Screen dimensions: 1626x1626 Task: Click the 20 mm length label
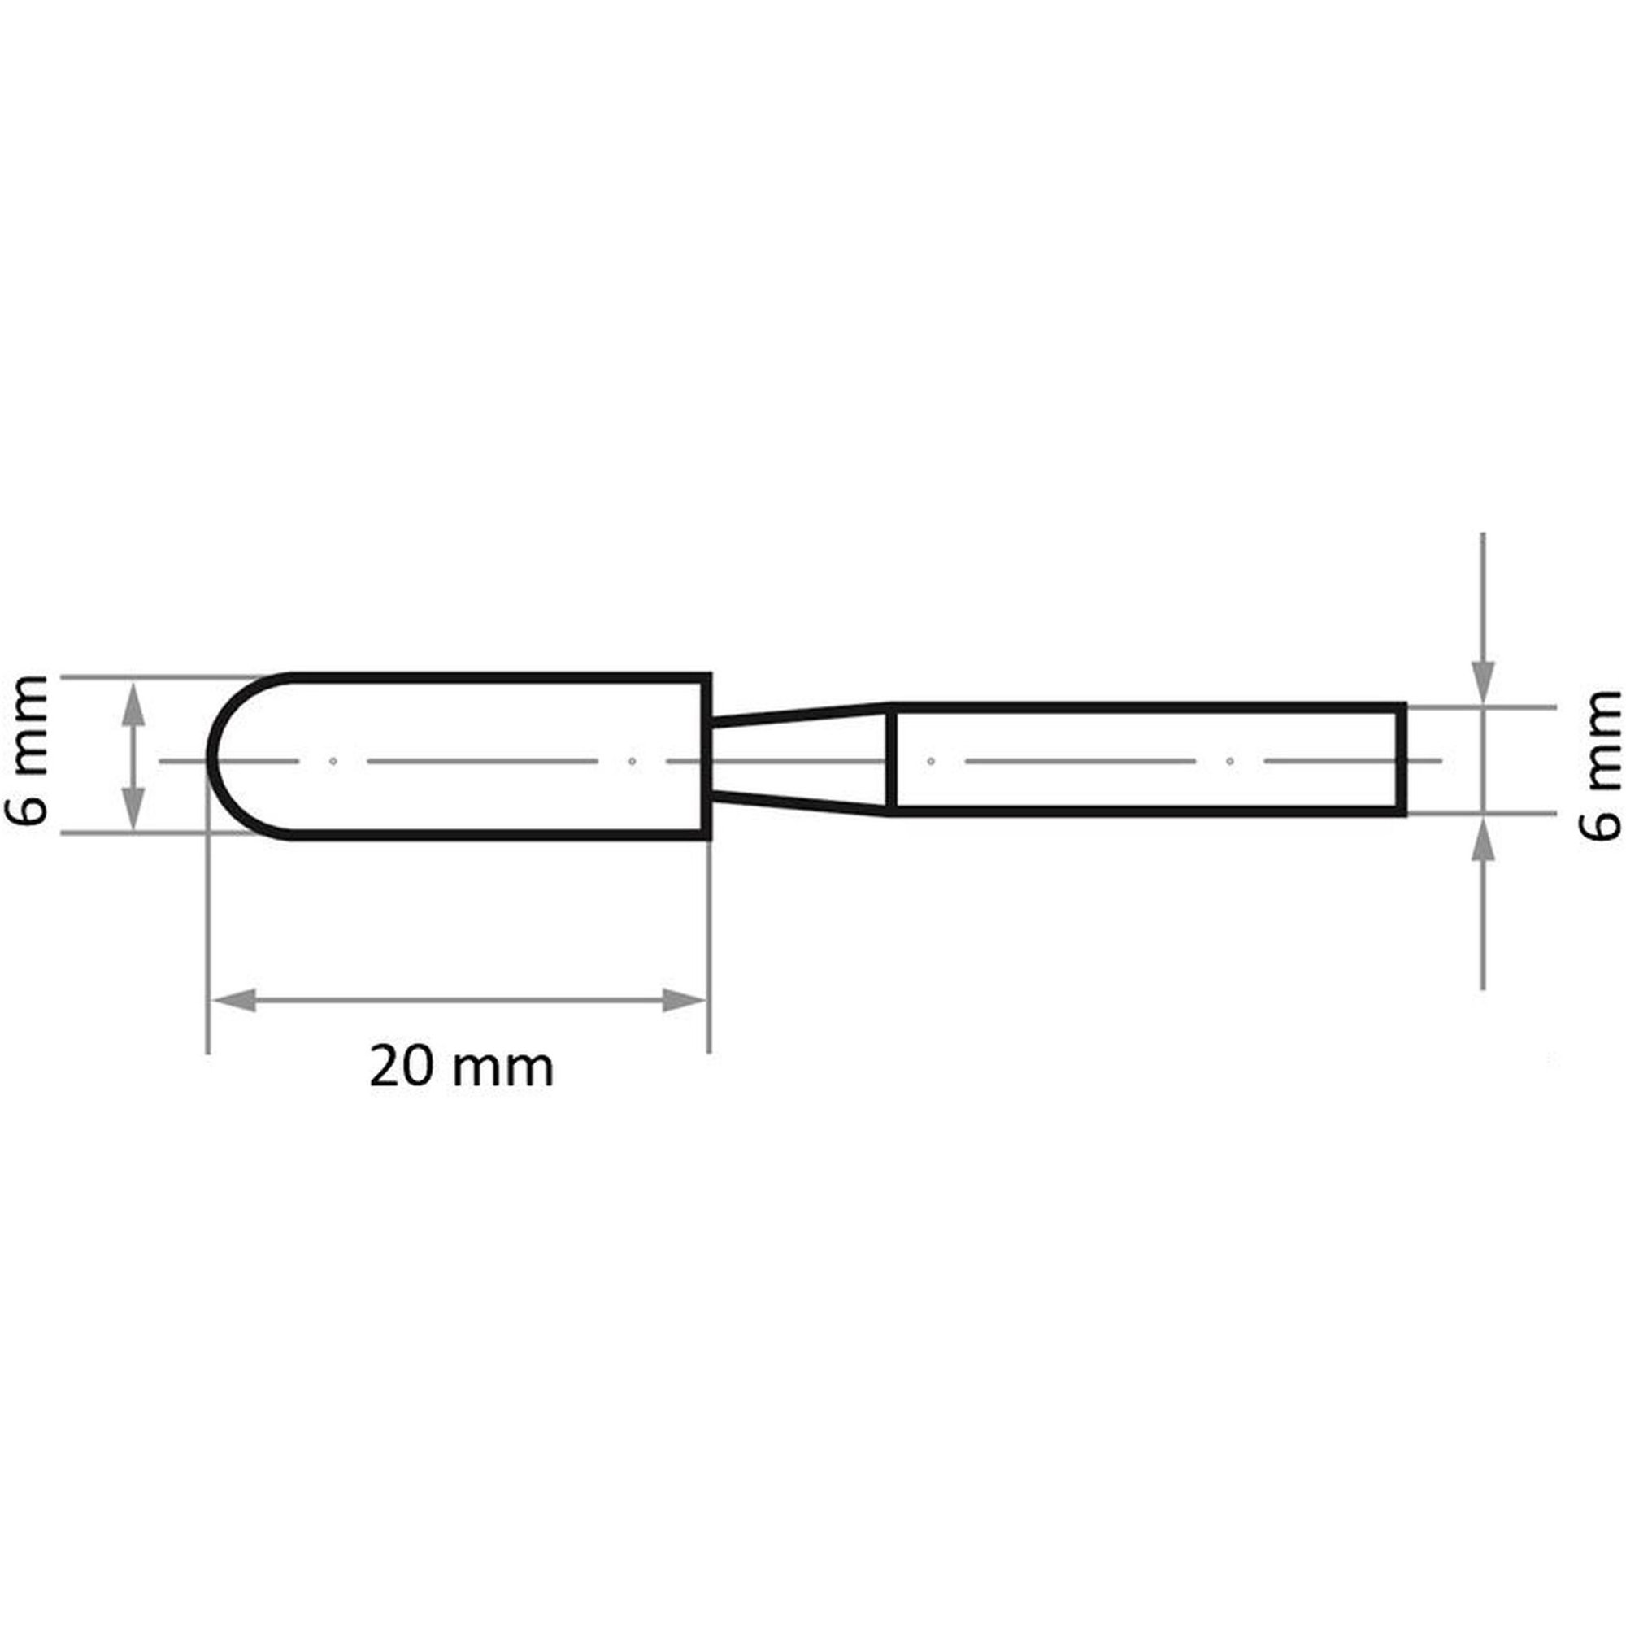(461, 1067)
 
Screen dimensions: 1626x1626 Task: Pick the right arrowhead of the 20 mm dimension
(685, 1001)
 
